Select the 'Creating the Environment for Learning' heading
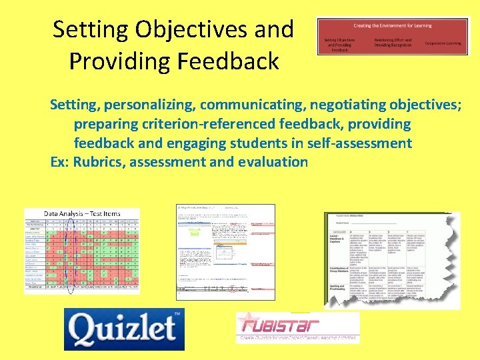point(393,26)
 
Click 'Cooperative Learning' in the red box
point(444,43)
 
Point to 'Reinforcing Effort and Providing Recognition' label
point(393,43)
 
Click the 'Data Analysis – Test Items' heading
point(82,214)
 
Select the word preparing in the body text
point(107,125)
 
